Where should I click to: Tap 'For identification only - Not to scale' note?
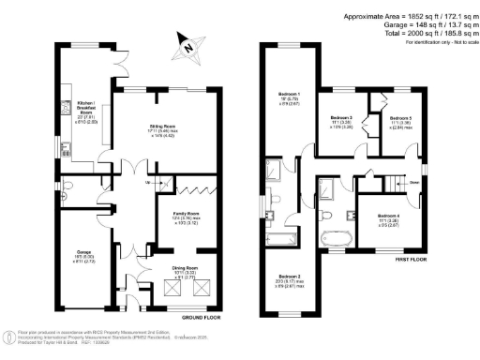click(437, 42)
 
